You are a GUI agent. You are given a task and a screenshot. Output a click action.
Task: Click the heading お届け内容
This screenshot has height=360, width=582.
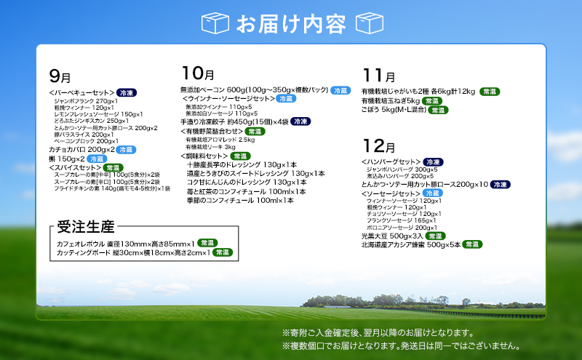[x=290, y=24]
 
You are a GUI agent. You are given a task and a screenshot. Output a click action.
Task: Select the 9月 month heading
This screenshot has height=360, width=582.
[x=60, y=76]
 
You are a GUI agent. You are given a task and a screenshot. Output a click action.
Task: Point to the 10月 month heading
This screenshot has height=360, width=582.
[x=196, y=73]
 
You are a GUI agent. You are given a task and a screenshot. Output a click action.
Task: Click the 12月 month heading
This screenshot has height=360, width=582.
[x=378, y=145]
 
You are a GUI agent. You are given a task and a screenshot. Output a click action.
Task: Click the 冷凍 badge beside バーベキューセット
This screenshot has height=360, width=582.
[x=126, y=93]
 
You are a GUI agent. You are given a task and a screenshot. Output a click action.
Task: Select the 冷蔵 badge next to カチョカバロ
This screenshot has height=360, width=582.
[x=126, y=149]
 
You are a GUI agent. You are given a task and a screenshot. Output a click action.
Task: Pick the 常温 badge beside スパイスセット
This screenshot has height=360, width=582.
[x=114, y=167]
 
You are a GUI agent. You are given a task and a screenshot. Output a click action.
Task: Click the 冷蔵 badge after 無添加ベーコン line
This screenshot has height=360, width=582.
[x=340, y=91]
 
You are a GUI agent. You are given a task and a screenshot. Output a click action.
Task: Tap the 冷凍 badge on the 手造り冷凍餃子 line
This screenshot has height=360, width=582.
[x=300, y=122]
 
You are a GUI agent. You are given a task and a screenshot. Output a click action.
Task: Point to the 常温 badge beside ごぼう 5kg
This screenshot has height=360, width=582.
[x=437, y=111]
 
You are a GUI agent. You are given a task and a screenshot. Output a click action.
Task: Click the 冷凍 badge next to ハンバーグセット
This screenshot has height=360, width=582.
[x=434, y=161]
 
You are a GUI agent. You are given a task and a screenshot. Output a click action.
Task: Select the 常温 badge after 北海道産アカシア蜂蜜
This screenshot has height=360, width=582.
[x=472, y=244]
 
